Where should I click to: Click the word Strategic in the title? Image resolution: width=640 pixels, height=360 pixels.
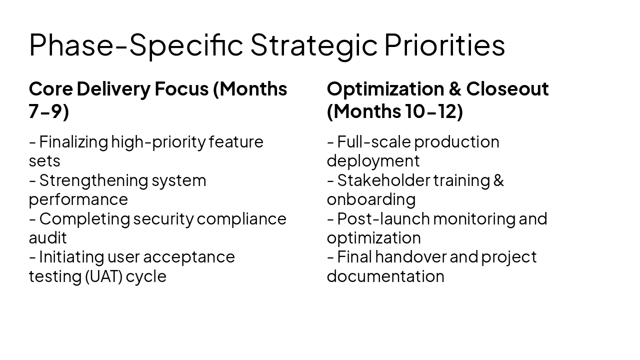coord(313,45)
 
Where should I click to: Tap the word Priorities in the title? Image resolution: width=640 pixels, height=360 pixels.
coord(444,45)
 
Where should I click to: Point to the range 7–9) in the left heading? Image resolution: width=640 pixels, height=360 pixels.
coord(48,111)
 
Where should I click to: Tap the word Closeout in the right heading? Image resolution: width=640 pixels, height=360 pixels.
coord(507,89)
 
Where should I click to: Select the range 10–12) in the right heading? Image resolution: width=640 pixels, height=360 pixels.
coord(433,111)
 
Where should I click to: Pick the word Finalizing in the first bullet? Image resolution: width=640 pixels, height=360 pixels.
coord(73,142)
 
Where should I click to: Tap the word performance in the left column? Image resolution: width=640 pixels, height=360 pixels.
coord(78,199)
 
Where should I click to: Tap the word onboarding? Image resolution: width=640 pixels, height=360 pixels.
coord(371,199)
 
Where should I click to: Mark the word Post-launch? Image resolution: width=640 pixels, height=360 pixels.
coord(383,218)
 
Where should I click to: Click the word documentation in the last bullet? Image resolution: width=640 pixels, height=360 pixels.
coord(385,276)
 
